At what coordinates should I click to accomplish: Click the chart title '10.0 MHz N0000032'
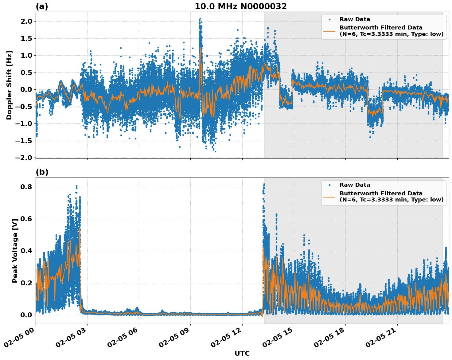tap(240, 6)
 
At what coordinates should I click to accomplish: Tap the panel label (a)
tap(42, 6)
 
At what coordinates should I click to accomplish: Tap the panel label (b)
tap(42, 172)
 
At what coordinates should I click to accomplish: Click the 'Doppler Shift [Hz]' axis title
tap(9, 85)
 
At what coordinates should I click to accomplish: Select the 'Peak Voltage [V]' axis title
tap(15, 251)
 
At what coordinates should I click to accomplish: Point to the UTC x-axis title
tap(242, 354)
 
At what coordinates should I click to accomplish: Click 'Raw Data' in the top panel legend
tap(355, 20)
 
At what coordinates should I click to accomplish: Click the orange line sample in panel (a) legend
tap(329, 31)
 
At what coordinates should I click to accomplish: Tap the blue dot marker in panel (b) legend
tap(329, 185)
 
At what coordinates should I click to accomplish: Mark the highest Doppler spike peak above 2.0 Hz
tap(200, 19)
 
